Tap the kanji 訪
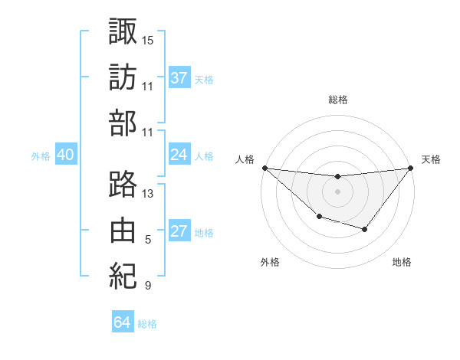(x=123, y=77)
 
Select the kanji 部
(x=123, y=123)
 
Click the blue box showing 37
(x=179, y=77)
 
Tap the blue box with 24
(x=179, y=155)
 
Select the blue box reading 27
(x=179, y=231)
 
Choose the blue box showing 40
(x=65, y=155)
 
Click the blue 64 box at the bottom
(x=122, y=322)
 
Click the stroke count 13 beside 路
(x=148, y=194)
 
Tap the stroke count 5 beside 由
(x=148, y=240)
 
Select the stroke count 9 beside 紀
(x=148, y=286)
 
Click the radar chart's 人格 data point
(x=264, y=168)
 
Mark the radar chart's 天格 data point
(x=410, y=168)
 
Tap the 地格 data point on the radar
(x=365, y=229)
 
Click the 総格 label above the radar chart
(x=337, y=100)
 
